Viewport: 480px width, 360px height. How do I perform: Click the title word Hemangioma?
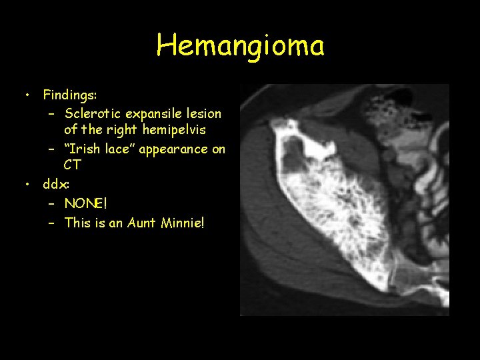click(240, 45)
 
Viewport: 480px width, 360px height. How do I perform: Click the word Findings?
click(70, 95)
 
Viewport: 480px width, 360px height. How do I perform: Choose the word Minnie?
click(183, 223)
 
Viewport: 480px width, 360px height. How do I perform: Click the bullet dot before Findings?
click(27, 95)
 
